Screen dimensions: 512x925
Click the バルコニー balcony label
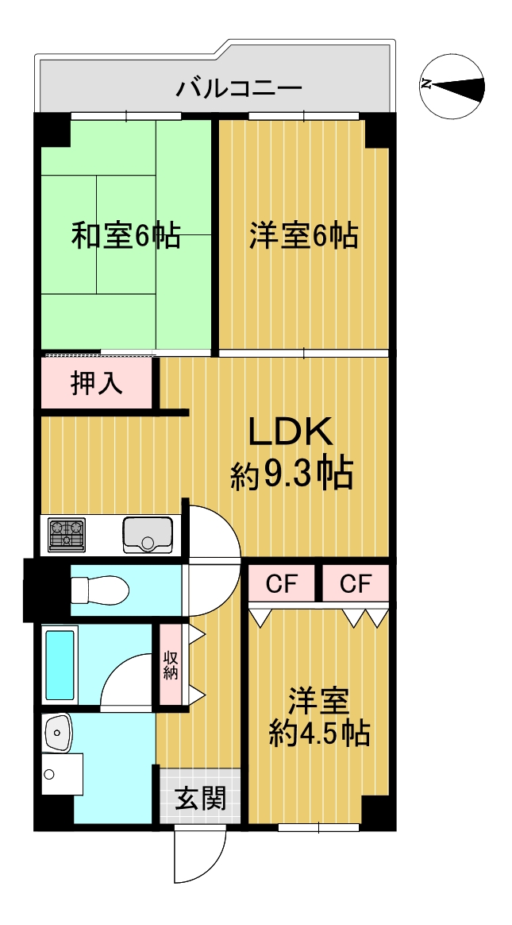(239, 89)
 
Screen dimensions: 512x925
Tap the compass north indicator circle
(452, 86)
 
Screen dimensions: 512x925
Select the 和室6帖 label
(125, 235)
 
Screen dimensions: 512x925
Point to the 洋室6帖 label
(303, 235)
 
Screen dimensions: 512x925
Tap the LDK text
(291, 433)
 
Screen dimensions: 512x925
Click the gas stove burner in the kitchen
(67, 535)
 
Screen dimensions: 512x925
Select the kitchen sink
(148, 535)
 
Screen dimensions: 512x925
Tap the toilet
(99, 590)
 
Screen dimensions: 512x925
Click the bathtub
(60, 665)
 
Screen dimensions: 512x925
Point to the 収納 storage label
(171, 665)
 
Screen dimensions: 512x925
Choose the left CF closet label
(282, 584)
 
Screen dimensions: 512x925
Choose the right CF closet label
(356, 584)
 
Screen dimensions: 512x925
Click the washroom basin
(57, 733)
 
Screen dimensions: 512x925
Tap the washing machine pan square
(62, 774)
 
